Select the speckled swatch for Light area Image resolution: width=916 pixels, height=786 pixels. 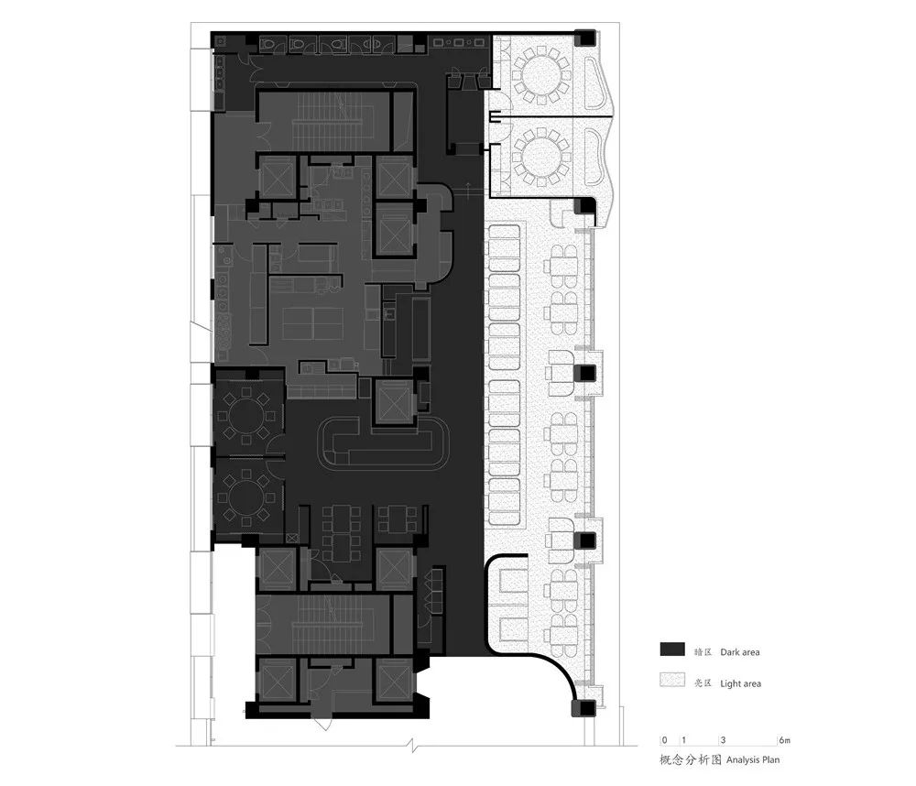point(671,682)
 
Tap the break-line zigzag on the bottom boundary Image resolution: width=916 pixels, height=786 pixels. point(414,743)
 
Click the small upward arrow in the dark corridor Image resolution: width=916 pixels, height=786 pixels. point(469,189)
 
